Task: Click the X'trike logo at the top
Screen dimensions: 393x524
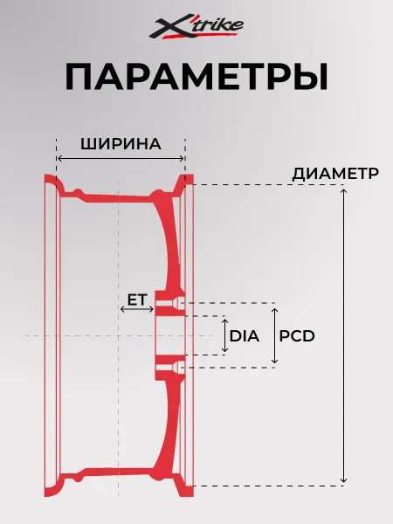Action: (x=196, y=26)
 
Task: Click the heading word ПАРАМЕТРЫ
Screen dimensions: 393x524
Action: (x=196, y=77)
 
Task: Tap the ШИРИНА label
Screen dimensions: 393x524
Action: (x=121, y=144)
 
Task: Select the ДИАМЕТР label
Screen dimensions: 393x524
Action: (x=335, y=174)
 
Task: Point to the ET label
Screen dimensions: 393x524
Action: (x=137, y=300)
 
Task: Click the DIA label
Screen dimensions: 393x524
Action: (x=245, y=336)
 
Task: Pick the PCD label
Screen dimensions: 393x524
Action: (x=297, y=336)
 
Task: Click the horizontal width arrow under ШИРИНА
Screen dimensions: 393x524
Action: (x=121, y=158)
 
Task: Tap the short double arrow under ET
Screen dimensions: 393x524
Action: (x=137, y=309)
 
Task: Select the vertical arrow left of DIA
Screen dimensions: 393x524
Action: (x=225, y=335)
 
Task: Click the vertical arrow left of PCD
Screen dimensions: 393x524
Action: (x=274, y=335)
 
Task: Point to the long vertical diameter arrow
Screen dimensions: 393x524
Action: (x=343, y=335)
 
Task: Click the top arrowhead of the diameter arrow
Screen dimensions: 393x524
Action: (x=343, y=190)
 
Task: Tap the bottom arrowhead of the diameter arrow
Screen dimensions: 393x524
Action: (x=343, y=480)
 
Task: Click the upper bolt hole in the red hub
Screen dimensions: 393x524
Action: (x=169, y=303)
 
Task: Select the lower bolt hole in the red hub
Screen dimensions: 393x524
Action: (x=169, y=368)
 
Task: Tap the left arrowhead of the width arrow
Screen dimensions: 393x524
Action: (x=59, y=158)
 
